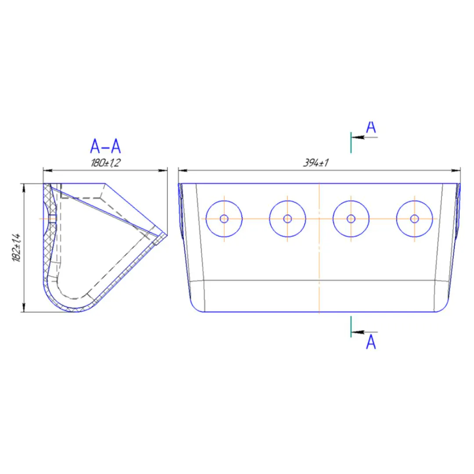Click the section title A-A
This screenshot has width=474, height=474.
click(x=105, y=146)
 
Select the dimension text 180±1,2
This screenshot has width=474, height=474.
click(x=105, y=163)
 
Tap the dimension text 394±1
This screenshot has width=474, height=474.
click(x=316, y=163)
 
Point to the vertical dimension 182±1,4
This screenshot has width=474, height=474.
click(x=16, y=247)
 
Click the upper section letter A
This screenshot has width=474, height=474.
click(x=371, y=127)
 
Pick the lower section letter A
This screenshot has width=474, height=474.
click(x=371, y=342)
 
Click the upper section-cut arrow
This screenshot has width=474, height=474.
click(x=365, y=137)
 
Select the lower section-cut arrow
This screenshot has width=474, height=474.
click(x=365, y=332)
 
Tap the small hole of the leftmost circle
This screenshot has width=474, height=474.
click(x=224, y=219)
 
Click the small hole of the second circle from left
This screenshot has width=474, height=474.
click(x=287, y=219)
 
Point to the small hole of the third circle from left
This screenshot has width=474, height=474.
click(x=351, y=219)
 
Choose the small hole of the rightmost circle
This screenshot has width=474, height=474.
click(x=414, y=219)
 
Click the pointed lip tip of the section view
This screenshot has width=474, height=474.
click(x=167, y=234)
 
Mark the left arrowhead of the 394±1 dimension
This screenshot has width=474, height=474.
click(x=183, y=170)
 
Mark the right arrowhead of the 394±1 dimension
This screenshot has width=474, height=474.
click(x=456, y=170)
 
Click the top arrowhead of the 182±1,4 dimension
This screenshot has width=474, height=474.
click(x=24, y=188)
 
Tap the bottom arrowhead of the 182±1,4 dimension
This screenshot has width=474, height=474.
click(x=24, y=307)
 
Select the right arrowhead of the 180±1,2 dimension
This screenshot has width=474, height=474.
click(x=163, y=170)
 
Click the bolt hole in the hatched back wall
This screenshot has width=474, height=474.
click(x=52, y=219)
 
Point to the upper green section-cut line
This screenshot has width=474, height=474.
click(x=351, y=142)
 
